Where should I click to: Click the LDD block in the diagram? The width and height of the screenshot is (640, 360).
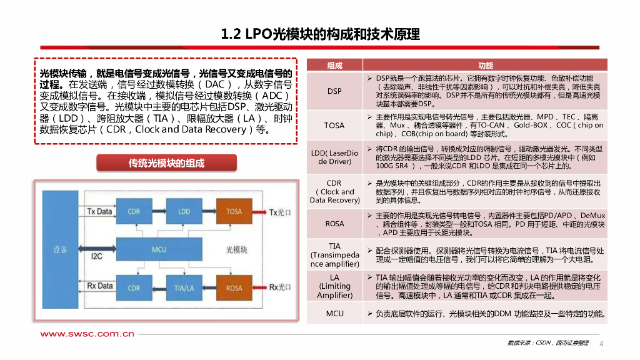pos(184,211)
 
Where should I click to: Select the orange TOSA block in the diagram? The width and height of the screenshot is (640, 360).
pos(234,211)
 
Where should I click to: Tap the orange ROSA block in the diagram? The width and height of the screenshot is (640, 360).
pos(234,287)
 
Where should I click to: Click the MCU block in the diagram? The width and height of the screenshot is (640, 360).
pos(159,249)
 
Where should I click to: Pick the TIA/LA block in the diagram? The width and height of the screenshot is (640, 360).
pos(184,287)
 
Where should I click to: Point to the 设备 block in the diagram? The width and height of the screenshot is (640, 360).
pos(60,249)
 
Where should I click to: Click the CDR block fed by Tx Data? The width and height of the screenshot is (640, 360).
pos(134,211)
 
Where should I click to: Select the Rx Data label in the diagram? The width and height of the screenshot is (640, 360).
pos(100,286)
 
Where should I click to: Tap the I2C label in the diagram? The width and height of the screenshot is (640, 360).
pos(97,256)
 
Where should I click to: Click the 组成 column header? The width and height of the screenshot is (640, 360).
pos(335,65)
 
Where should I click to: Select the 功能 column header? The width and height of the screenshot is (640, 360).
pos(485,65)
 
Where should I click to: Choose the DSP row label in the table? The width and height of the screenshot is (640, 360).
pos(335,91)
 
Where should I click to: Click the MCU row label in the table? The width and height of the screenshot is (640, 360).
pos(335,313)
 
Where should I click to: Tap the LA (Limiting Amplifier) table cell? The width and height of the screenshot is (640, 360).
pos(335,286)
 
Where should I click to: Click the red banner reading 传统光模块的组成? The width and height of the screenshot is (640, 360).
pos(166,164)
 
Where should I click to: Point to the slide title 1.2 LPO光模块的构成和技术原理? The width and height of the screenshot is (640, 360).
pos(320,34)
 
